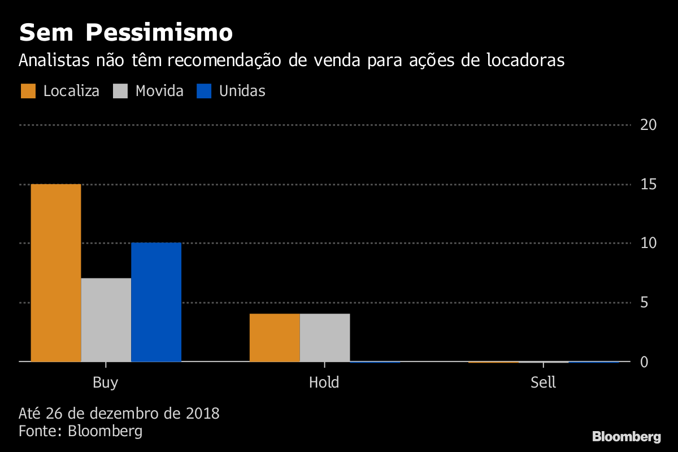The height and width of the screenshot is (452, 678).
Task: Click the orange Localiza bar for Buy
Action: coord(56,272)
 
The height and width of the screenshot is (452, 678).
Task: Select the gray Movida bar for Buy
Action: coord(106,319)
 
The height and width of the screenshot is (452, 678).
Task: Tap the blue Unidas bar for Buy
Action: coord(156,302)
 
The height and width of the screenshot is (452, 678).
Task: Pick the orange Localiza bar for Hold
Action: coord(275,337)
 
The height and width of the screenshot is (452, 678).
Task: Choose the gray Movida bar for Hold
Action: coord(325,337)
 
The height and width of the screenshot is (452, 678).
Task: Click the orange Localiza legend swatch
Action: coord(29,91)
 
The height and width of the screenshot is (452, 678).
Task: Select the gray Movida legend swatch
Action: coord(121,91)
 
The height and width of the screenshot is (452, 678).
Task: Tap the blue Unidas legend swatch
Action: coord(203,91)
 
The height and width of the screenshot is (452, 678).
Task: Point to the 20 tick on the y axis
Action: coord(647,125)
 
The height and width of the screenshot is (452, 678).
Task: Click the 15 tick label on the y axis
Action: coord(647,184)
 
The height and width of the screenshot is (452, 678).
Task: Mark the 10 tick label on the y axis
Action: coord(647,243)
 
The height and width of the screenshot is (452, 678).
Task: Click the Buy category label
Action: coord(106,383)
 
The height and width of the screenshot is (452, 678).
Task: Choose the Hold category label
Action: coord(324,383)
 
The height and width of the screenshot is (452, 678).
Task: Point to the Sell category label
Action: coord(544,383)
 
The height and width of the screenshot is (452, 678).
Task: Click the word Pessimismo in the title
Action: coord(159,33)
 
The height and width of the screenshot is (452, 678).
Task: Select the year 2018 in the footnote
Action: coord(202,414)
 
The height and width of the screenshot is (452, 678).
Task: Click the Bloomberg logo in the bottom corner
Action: coord(626,436)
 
